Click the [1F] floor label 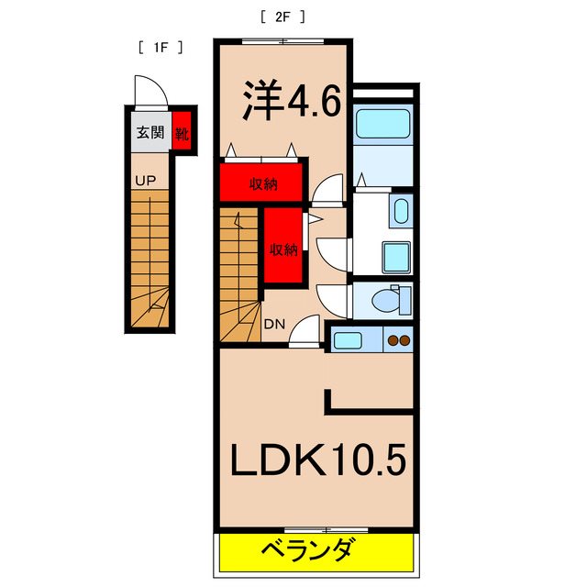click(x=160, y=47)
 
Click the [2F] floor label click(x=282, y=16)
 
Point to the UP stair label click(x=145, y=181)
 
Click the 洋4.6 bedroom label click(x=291, y=102)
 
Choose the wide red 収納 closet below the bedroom click(x=262, y=183)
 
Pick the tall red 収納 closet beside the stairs click(x=282, y=248)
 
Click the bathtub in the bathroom click(x=382, y=123)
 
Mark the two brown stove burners click(x=399, y=341)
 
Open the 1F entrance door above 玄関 click(x=148, y=92)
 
